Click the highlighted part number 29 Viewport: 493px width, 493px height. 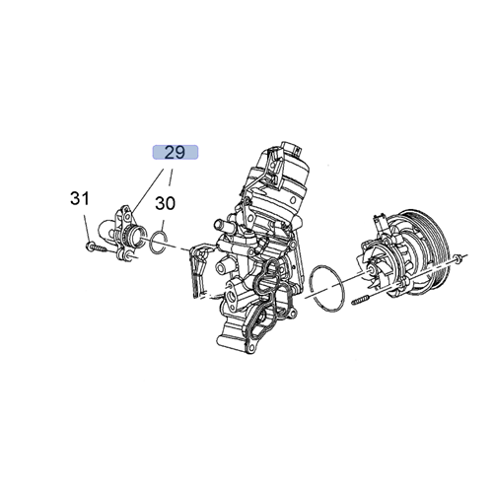point(175,153)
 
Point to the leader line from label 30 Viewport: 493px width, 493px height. point(163,221)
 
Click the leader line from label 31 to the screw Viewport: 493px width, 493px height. point(85,222)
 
